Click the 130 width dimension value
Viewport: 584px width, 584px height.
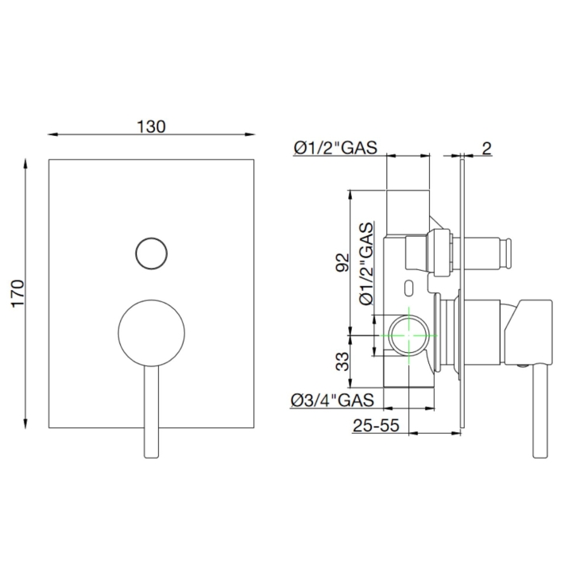151,126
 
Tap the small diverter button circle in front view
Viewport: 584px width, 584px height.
151,253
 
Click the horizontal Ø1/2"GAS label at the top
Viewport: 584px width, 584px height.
335,147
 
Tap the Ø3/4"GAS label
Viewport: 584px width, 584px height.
335,400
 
